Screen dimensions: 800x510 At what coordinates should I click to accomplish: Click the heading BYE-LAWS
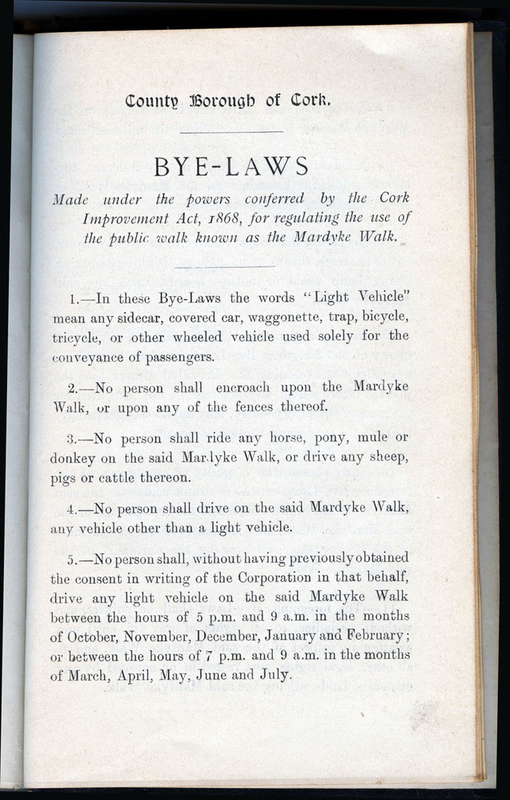231,167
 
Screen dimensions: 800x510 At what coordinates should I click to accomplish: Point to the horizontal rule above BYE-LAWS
231,131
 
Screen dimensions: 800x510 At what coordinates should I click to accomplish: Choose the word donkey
73,458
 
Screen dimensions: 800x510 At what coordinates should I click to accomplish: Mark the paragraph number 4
74,509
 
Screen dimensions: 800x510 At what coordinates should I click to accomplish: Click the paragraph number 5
74,558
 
